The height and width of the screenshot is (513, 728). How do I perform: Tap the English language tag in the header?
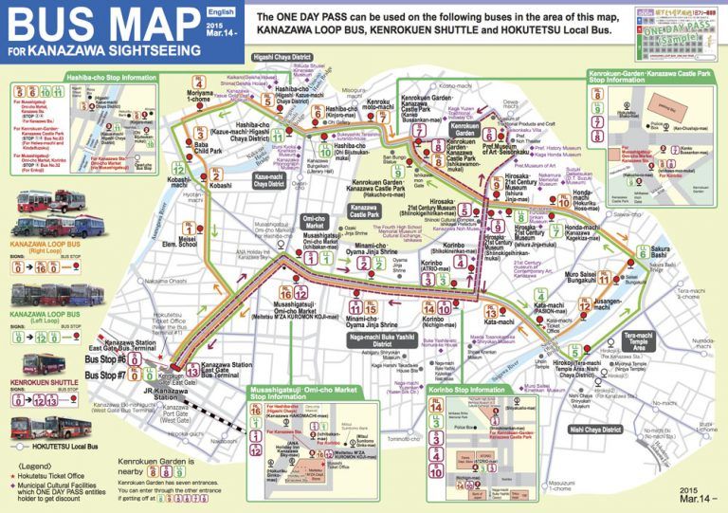coord(220,11)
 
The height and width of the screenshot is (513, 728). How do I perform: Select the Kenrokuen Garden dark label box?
coord(465,126)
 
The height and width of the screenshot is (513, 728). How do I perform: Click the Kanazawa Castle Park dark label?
coord(364,211)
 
